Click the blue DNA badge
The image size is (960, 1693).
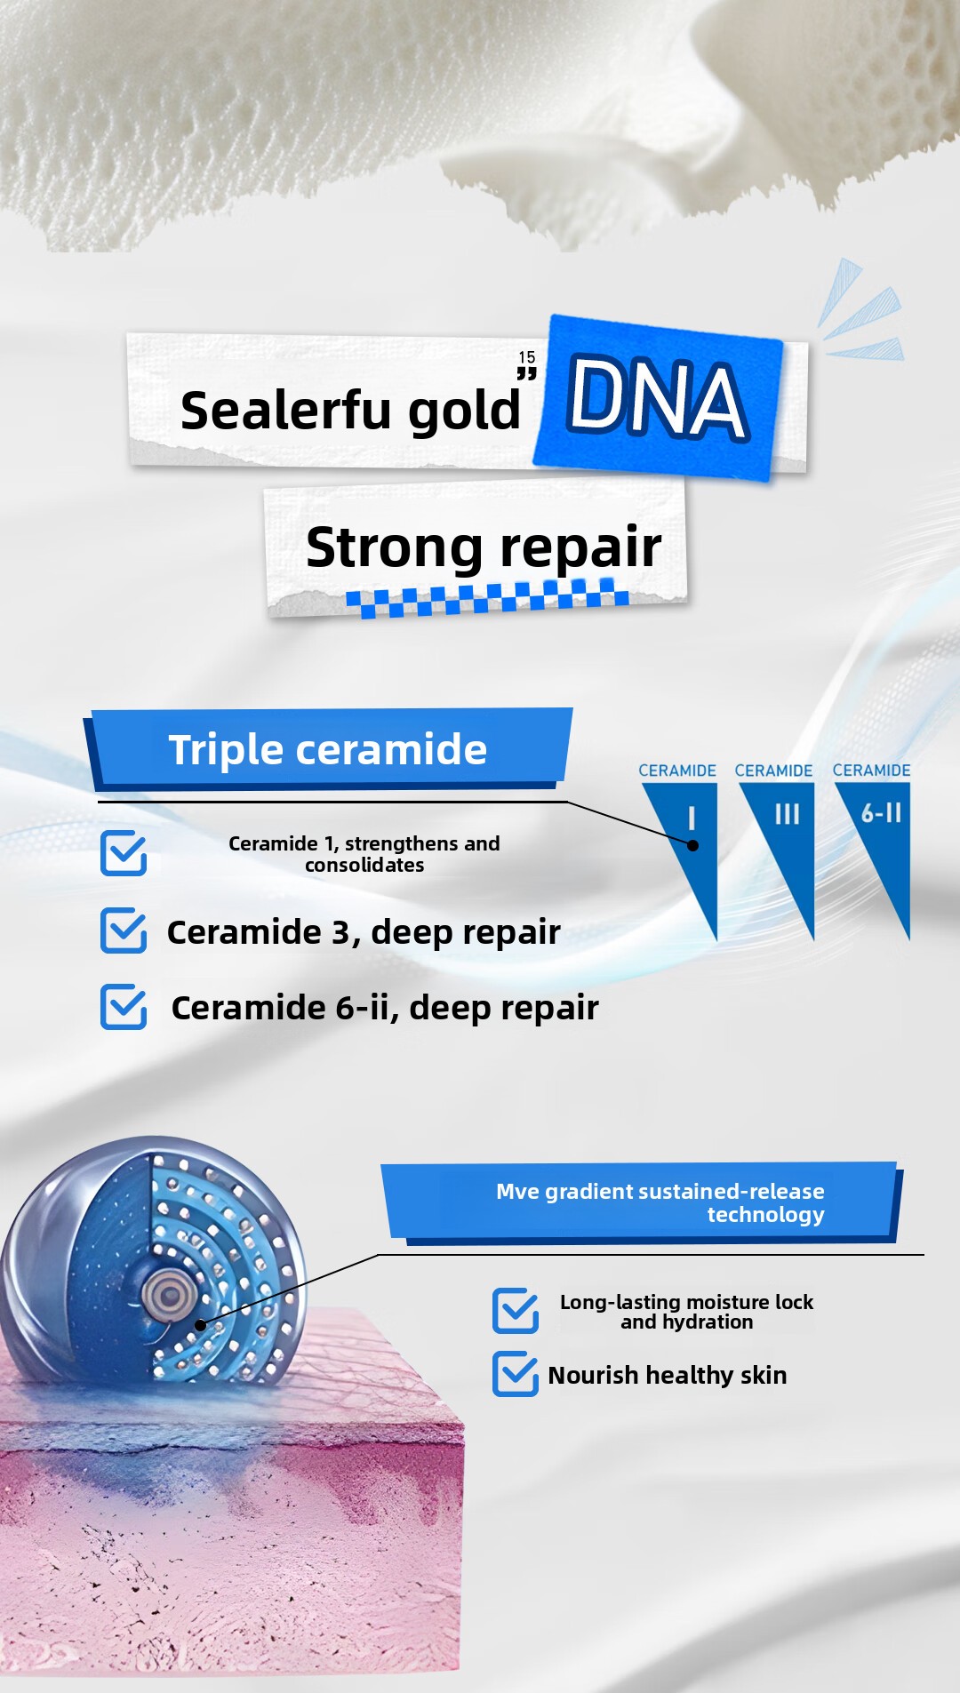(x=658, y=398)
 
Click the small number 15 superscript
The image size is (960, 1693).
(x=527, y=357)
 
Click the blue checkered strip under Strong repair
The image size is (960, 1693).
(x=487, y=597)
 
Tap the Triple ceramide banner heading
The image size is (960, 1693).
(x=328, y=749)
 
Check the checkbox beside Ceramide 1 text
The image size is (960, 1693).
(x=124, y=853)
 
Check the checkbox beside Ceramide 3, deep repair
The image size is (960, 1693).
(x=124, y=930)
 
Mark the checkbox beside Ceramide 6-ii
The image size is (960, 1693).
(x=124, y=1007)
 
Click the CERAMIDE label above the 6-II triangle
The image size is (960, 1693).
(x=871, y=771)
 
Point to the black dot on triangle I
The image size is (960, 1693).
(x=693, y=845)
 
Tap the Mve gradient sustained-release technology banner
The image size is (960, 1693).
(x=642, y=1202)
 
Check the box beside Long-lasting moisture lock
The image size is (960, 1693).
(x=516, y=1311)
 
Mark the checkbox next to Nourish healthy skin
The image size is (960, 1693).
(x=516, y=1374)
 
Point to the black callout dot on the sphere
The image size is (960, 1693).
(x=201, y=1325)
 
